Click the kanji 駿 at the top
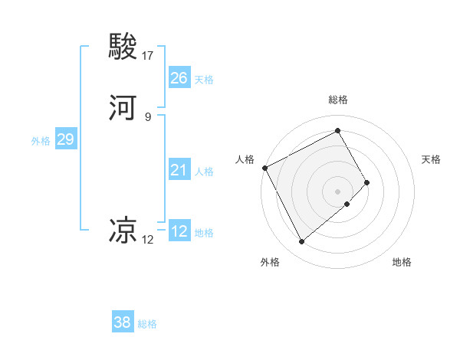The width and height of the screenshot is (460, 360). point(123,47)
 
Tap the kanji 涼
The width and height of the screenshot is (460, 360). point(123,230)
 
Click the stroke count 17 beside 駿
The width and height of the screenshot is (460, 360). point(148,55)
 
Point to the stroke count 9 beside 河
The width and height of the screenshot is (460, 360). point(147,116)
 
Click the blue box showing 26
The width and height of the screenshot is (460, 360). point(179,78)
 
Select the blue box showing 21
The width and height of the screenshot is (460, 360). point(179,170)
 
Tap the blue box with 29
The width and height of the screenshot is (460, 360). point(65,139)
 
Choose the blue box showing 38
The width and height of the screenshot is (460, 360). point(123,322)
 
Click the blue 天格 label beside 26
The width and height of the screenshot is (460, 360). point(204,80)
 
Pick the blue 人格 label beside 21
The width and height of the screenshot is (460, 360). point(204,172)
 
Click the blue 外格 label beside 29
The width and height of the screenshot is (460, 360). point(41,141)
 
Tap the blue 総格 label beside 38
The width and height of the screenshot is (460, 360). point(147,324)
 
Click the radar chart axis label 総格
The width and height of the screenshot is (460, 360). point(338,100)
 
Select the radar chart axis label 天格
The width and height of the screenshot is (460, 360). point(432,159)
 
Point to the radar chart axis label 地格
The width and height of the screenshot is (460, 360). point(402,262)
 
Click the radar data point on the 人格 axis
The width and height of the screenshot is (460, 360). point(264,168)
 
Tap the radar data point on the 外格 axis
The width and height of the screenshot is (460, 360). point(302,242)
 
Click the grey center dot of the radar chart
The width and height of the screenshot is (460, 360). point(338,191)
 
